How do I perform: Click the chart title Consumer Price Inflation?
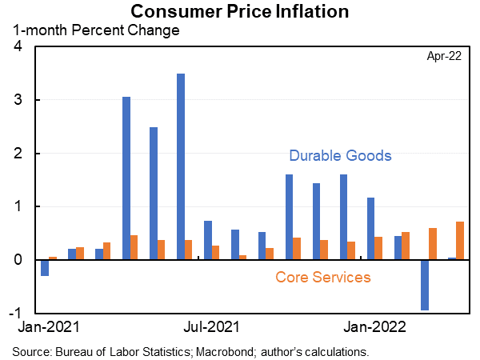(240, 11)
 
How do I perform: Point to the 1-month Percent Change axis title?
(95, 30)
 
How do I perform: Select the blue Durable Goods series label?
(340, 155)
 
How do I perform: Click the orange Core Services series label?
(322, 278)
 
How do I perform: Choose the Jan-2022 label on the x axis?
(372, 326)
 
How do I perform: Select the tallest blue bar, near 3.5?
(181, 166)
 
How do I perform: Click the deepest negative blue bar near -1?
(425, 285)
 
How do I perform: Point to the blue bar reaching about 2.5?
(154, 194)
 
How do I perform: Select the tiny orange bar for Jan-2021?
(53, 258)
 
